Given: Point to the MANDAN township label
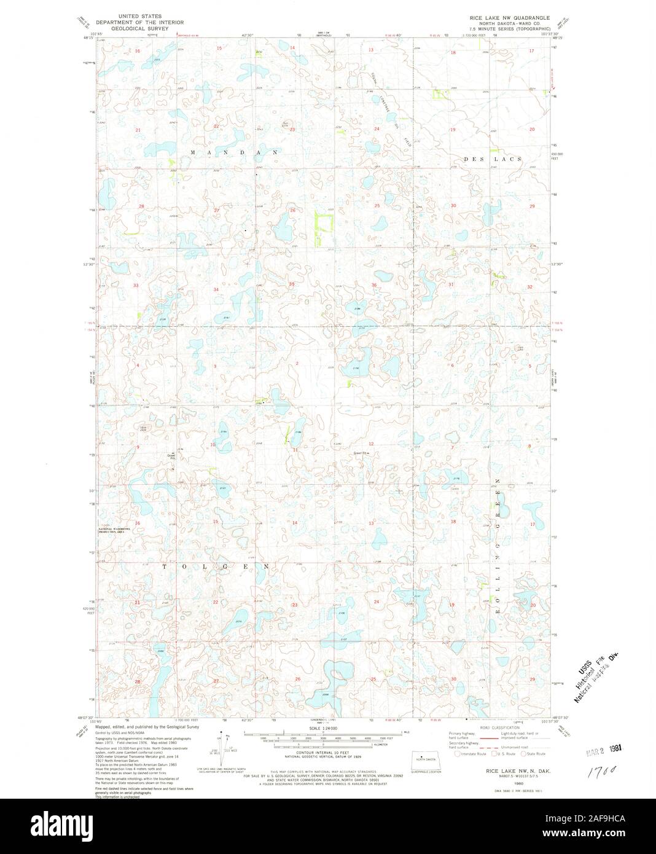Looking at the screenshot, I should click(234, 152).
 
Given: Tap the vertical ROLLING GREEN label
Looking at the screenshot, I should click(498, 528).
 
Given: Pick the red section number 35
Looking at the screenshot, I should click(292, 284).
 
